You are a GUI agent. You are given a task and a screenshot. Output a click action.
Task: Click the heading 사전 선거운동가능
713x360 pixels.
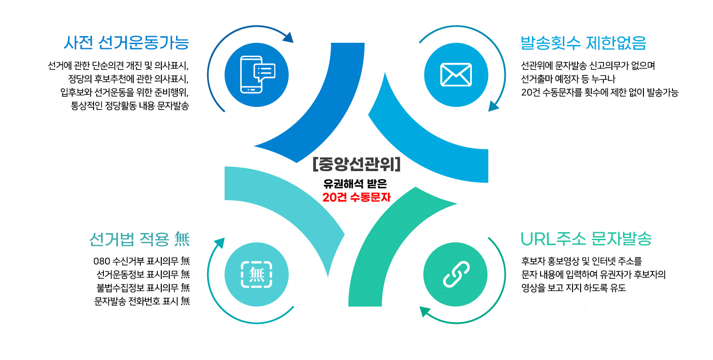[x=127, y=43]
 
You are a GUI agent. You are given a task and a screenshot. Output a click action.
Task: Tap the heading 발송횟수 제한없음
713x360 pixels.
[x=583, y=43]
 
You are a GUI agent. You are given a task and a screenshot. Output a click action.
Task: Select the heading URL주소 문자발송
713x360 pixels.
[x=586, y=239]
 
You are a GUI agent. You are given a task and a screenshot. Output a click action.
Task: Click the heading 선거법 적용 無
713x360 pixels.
[x=139, y=239]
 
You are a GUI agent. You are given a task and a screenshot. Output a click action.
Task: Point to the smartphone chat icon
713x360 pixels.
[x=258, y=75]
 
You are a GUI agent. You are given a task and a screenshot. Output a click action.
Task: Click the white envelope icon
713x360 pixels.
[x=456, y=75]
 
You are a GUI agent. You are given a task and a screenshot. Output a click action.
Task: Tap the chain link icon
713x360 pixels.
[x=456, y=274]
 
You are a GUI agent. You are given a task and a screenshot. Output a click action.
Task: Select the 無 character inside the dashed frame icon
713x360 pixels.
[x=257, y=274]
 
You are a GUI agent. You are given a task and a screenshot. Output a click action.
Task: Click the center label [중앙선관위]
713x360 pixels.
[x=356, y=164]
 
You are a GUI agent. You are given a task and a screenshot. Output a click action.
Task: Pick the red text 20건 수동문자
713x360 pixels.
[x=356, y=197]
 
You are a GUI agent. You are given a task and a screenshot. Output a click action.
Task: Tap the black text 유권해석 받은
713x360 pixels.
[x=355, y=184]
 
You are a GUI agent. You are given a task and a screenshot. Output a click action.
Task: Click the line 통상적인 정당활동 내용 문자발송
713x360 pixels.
[x=130, y=106]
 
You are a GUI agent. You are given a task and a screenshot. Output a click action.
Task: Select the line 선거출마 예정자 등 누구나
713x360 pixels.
[x=568, y=79]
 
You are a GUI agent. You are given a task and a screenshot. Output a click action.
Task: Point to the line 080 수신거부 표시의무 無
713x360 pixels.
[x=142, y=261]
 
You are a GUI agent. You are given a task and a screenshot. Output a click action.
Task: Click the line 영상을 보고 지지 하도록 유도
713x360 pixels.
[x=574, y=288]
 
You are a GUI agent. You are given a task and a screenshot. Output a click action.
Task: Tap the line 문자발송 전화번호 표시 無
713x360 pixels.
[x=142, y=301]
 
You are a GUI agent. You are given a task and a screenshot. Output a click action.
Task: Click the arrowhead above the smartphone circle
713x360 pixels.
[x=288, y=37]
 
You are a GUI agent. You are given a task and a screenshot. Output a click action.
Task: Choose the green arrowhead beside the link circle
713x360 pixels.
[x=425, y=311]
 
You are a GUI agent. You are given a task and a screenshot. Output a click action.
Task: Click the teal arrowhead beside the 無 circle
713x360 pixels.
[x=220, y=243]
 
